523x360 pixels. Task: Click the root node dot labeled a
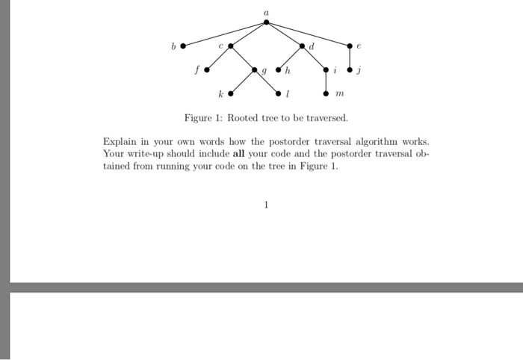(267, 22)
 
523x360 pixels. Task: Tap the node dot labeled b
(183, 46)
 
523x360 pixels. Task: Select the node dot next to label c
(231, 46)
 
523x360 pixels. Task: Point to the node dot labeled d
(303, 46)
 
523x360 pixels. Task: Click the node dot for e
(350, 46)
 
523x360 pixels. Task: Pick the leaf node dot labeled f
(207, 71)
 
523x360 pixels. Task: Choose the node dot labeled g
(255, 71)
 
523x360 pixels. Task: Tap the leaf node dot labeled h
(279, 71)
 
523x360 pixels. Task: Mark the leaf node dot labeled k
(231, 95)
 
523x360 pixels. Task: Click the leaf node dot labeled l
(279, 95)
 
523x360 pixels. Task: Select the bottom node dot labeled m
(327, 95)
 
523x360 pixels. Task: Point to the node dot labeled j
(350, 71)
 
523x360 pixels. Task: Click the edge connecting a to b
(225, 34)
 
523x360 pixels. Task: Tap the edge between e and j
(350, 58)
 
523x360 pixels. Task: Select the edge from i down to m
(327, 83)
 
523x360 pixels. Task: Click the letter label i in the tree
(336, 72)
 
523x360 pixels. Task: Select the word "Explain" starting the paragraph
(120, 140)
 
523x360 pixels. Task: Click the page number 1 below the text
(266, 202)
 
